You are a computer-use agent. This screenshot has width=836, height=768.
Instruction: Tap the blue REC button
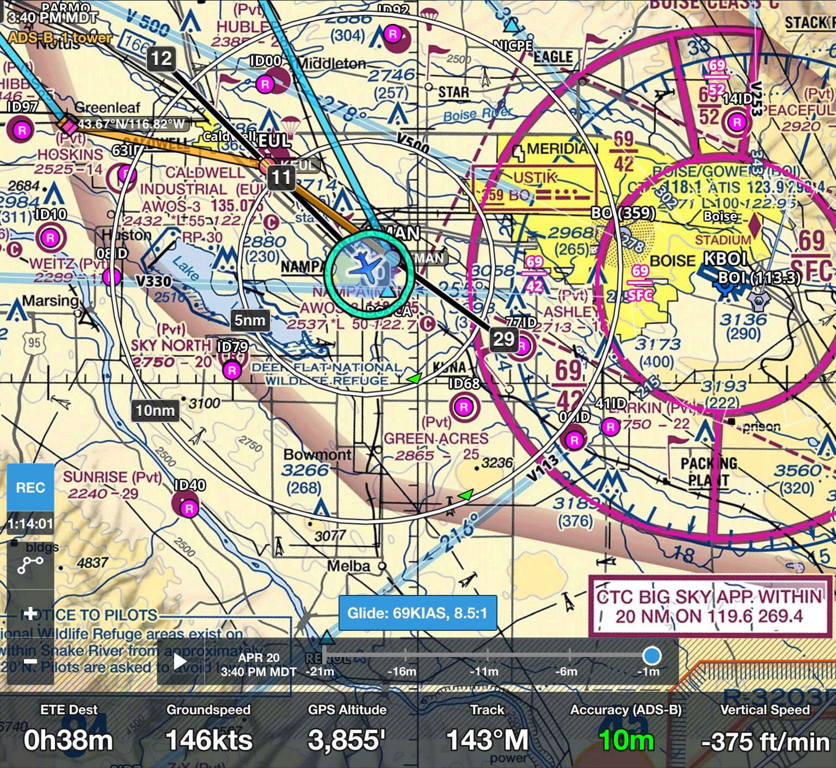click(30, 487)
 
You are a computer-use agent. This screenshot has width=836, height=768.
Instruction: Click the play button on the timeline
click(180, 662)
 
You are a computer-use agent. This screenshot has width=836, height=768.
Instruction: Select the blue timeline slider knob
click(651, 655)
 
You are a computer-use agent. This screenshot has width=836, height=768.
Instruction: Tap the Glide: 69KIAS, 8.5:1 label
click(417, 613)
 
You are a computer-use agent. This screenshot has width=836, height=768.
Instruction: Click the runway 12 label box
click(161, 58)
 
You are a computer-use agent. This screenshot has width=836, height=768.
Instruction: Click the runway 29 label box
click(503, 339)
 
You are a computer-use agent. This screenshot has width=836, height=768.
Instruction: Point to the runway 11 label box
click(281, 177)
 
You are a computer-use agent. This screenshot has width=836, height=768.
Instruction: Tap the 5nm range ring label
click(250, 320)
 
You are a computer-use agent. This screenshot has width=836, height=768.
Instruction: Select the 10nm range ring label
click(155, 410)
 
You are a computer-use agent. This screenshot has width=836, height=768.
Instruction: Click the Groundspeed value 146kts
click(209, 740)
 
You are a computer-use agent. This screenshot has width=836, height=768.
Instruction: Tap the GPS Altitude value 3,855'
click(347, 740)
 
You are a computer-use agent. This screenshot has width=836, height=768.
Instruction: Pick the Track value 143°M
click(487, 740)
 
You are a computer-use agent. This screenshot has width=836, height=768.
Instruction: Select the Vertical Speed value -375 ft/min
click(765, 741)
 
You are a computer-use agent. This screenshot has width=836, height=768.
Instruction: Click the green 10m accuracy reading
click(626, 740)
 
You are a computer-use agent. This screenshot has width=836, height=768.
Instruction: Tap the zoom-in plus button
click(30, 613)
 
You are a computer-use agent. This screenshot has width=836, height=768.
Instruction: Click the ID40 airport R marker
click(189, 509)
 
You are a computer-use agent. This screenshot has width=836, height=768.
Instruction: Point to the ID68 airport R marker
click(464, 407)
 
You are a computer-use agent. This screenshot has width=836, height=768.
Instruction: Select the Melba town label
click(349, 566)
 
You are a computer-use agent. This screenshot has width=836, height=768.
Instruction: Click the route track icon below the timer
click(30, 566)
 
